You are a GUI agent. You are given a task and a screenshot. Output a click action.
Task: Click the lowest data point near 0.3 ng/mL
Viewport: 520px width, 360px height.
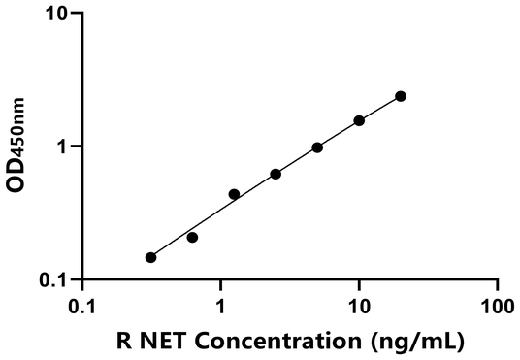(150, 257)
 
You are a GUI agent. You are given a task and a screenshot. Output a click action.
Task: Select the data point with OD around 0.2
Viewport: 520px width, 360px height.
(192, 237)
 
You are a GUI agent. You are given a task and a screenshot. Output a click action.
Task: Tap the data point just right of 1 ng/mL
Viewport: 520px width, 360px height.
(234, 194)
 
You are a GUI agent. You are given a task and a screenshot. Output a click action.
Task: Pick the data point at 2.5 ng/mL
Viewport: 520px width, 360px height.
(276, 174)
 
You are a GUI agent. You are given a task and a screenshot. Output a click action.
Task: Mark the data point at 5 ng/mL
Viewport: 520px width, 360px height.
(317, 147)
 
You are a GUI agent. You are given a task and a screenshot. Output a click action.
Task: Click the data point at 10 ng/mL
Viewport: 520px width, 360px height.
(359, 120)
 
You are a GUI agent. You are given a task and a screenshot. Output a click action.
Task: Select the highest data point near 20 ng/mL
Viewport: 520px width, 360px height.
(401, 96)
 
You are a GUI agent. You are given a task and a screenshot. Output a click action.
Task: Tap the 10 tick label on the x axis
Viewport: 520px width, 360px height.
(359, 305)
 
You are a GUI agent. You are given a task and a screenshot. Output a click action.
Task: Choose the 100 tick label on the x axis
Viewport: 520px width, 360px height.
(497, 305)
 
